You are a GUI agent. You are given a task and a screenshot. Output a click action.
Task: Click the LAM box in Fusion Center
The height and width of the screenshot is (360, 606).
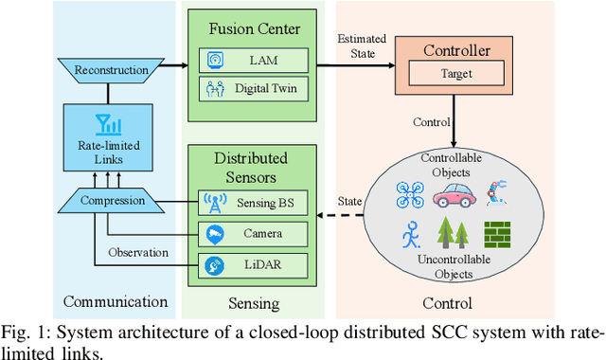coord(254,61)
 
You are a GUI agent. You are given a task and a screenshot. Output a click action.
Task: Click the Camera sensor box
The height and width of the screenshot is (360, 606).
coord(254,233)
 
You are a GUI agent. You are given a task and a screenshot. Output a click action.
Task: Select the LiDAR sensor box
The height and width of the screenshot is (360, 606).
coord(254,265)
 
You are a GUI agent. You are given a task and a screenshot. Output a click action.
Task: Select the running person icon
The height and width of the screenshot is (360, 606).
coord(411,233)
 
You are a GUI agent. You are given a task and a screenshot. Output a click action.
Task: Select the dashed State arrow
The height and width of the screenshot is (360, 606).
coord(356,216)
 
